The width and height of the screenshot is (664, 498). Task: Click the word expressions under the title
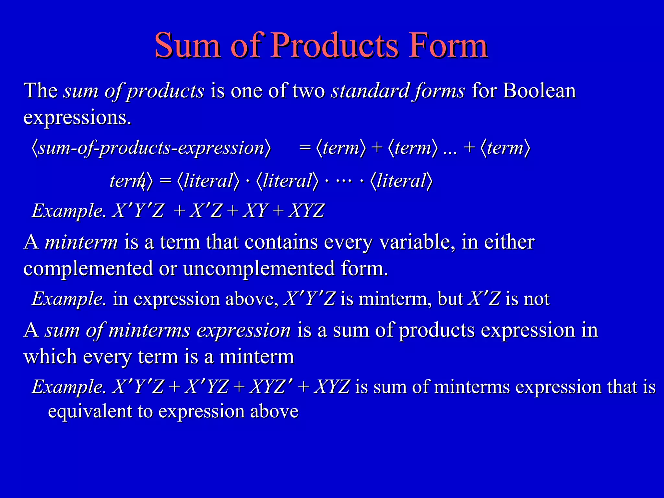[x=77, y=117]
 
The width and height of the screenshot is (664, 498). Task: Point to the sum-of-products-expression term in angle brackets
[x=151, y=148]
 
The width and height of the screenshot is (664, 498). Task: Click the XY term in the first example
[x=255, y=211]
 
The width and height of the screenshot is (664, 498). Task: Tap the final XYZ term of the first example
[x=306, y=211]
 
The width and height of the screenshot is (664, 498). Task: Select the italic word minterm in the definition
[x=81, y=242]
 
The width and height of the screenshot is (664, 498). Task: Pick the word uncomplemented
[x=259, y=269]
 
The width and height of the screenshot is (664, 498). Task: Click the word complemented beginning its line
[x=88, y=269]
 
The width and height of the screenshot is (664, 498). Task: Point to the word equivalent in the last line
[x=90, y=411]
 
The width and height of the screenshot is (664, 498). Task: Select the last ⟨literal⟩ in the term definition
[x=401, y=181]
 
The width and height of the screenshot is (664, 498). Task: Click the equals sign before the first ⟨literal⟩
[x=165, y=181]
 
